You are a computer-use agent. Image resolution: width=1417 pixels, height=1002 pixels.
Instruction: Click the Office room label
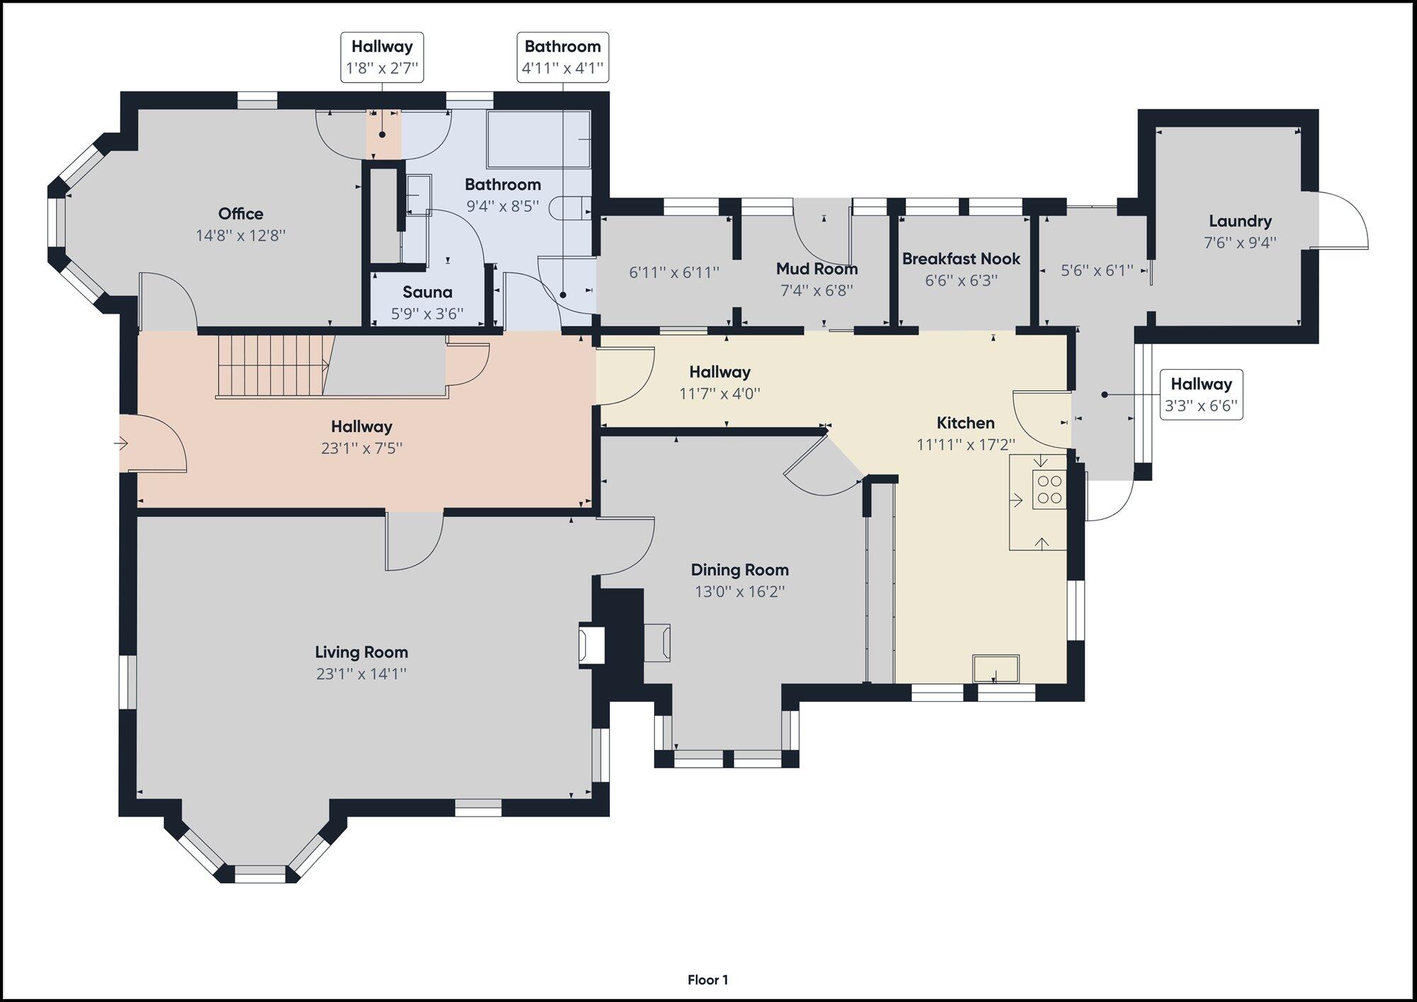point(241,214)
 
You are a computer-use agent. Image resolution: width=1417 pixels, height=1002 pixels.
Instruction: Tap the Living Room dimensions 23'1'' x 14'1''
point(361,673)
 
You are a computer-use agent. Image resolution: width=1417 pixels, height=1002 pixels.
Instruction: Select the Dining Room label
point(740,570)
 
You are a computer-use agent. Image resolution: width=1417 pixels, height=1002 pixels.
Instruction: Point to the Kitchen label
point(966,423)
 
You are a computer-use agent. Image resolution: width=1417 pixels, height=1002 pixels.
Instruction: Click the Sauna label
point(427,292)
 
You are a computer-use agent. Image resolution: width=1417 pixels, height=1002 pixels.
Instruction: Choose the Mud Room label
point(817,269)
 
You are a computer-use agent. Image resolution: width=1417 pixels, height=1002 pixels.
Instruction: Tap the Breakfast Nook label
point(961,259)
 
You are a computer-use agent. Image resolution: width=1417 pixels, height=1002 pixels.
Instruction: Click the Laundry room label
point(1240,221)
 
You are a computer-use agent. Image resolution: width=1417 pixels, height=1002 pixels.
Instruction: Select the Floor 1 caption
point(708,980)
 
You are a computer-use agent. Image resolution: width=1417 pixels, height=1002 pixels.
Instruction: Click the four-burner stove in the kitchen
point(1049,489)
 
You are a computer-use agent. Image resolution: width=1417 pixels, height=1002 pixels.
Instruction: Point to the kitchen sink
point(996,668)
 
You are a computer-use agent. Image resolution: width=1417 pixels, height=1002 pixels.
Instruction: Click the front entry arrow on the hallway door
point(120,444)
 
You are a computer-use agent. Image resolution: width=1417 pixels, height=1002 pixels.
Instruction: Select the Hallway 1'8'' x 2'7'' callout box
point(382,57)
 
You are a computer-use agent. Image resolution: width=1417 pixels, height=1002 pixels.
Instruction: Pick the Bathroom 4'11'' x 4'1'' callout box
point(563,57)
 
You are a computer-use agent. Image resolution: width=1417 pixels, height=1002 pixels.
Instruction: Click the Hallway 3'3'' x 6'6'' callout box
point(1201,394)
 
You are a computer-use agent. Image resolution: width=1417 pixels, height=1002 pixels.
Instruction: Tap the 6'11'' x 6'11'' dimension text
point(674,272)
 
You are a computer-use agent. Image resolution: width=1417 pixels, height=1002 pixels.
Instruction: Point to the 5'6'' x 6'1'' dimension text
point(1097,271)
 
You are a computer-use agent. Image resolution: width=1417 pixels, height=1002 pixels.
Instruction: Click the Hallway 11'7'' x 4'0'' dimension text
point(720,394)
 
